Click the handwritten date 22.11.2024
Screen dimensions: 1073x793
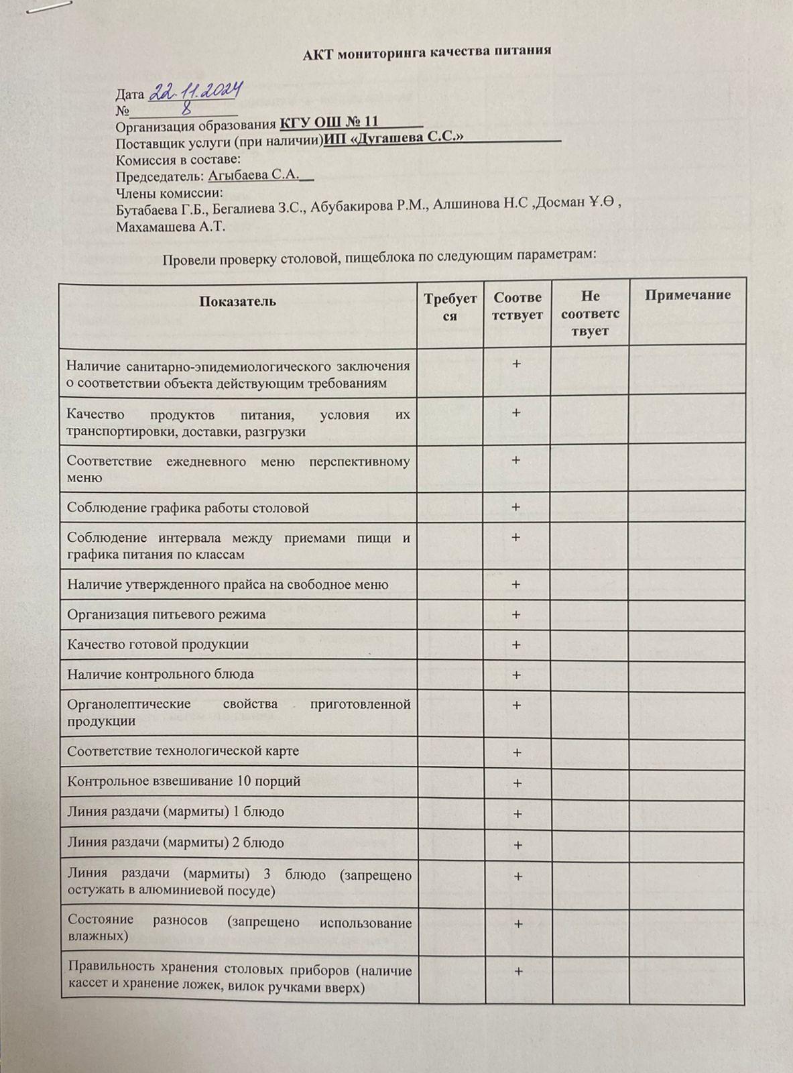point(195,91)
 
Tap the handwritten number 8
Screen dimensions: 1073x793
point(184,107)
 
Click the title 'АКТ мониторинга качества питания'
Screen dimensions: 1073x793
point(426,50)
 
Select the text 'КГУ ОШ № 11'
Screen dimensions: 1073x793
point(329,122)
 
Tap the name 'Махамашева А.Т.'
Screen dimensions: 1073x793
point(170,227)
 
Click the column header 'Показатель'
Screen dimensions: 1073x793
point(237,301)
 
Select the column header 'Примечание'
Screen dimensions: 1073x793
point(687,295)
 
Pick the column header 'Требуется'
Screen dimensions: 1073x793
point(450,306)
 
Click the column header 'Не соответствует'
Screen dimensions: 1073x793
point(590,313)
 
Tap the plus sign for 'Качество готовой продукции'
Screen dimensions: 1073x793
point(516,644)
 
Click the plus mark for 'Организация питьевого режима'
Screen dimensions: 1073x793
point(516,614)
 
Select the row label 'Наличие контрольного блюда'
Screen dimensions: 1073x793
point(160,674)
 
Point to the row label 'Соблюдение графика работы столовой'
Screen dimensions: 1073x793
point(188,508)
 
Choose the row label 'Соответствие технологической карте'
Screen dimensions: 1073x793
point(183,751)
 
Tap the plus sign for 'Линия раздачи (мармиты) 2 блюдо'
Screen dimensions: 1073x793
point(517,845)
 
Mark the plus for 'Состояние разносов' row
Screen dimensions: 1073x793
point(517,924)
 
